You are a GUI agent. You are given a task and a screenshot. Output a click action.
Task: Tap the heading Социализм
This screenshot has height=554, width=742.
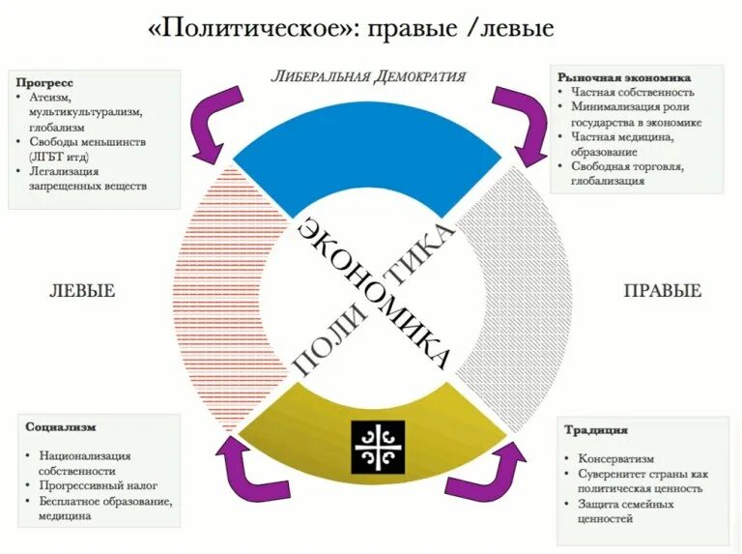[61, 426]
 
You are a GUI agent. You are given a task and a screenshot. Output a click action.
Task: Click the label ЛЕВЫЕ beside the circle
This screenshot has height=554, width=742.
[82, 291]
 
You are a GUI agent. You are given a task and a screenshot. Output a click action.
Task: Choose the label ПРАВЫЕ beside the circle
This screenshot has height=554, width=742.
[662, 291]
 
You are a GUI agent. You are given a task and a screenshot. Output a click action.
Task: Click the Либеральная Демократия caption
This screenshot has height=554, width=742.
[367, 76]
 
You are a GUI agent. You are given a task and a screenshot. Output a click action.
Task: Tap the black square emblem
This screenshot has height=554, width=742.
[377, 447]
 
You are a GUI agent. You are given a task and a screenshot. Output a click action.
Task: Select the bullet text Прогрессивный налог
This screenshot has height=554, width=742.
[99, 485]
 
